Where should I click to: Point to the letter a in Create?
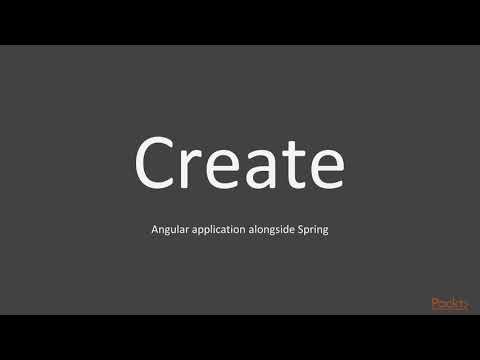tap(263, 168)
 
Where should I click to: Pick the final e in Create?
tap(322, 168)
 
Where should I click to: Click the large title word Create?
tap(240, 162)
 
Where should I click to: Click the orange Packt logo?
tap(449, 304)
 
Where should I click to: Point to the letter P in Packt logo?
tap(435, 304)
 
